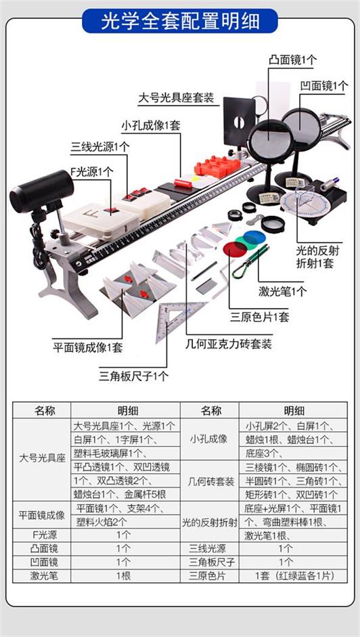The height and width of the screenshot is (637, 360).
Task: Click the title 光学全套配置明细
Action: click(180, 21)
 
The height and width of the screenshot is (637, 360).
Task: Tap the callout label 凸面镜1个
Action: click(292, 60)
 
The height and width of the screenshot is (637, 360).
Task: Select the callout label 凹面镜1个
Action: click(324, 86)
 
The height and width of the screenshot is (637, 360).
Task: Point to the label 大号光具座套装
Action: click(176, 98)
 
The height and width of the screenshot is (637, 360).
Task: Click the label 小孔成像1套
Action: click(150, 125)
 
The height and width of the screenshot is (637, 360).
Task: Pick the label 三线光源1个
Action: click(100, 147)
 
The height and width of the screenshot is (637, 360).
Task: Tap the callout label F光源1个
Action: click(92, 171)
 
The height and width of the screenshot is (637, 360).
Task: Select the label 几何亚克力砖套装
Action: click(228, 344)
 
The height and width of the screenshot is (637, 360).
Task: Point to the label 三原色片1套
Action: click(260, 316)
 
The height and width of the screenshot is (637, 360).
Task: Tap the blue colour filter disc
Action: click(255, 237)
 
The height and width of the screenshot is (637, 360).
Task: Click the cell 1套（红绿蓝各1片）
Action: click(294, 575)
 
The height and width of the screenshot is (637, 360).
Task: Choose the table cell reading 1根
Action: click(124, 575)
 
